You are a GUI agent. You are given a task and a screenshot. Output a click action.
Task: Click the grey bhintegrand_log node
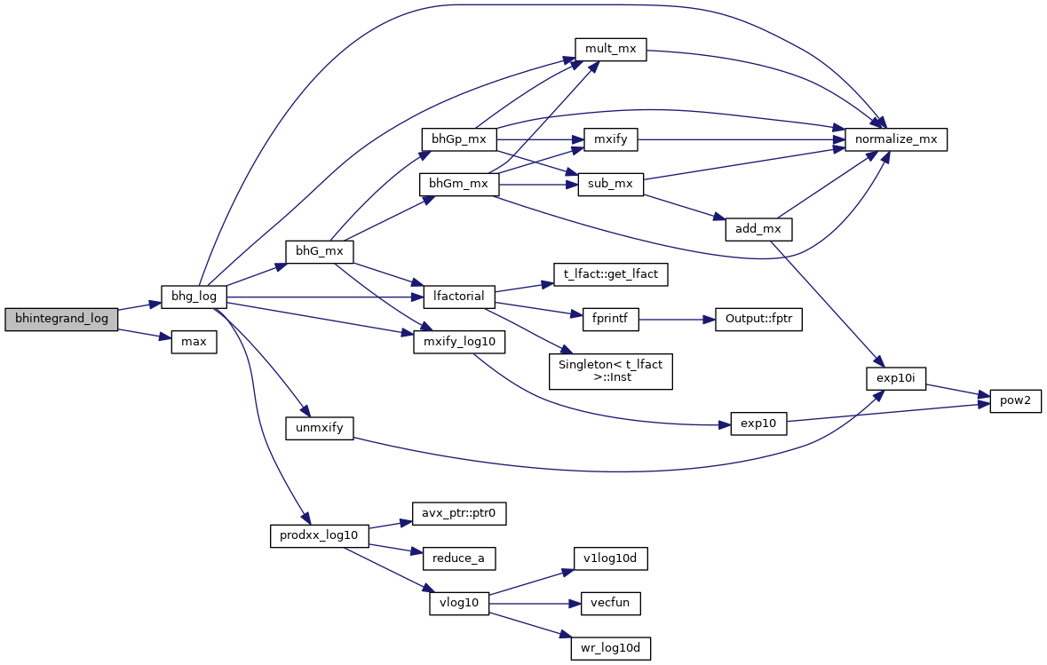[61, 319]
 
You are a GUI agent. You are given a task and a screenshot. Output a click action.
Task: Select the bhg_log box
[194, 296]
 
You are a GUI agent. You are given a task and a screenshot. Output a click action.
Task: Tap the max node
[194, 341]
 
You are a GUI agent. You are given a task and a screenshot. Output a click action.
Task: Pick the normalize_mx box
[896, 139]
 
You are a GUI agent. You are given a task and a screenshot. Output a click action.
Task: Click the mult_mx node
[610, 49]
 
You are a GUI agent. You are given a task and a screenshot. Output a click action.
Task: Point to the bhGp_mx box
[458, 139]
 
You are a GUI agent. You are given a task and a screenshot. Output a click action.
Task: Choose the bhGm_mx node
[458, 184]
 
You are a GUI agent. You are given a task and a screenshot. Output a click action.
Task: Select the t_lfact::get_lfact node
[610, 274]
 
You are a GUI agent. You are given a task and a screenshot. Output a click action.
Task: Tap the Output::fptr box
[758, 320]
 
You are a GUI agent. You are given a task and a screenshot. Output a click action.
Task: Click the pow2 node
[1011, 400]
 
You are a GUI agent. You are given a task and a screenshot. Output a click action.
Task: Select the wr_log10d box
[610, 648]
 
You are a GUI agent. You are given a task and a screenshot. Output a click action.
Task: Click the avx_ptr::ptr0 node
[458, 513]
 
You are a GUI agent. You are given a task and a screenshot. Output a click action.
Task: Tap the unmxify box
[319, 428]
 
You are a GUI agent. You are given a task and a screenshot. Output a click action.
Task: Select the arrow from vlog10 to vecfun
[534, 604]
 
